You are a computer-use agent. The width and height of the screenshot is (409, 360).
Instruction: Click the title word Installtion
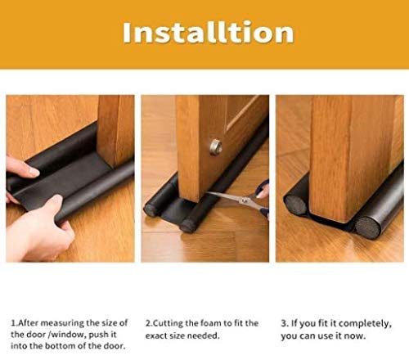pos(207,33)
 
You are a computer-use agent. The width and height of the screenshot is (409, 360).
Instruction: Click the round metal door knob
pos(216,146)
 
